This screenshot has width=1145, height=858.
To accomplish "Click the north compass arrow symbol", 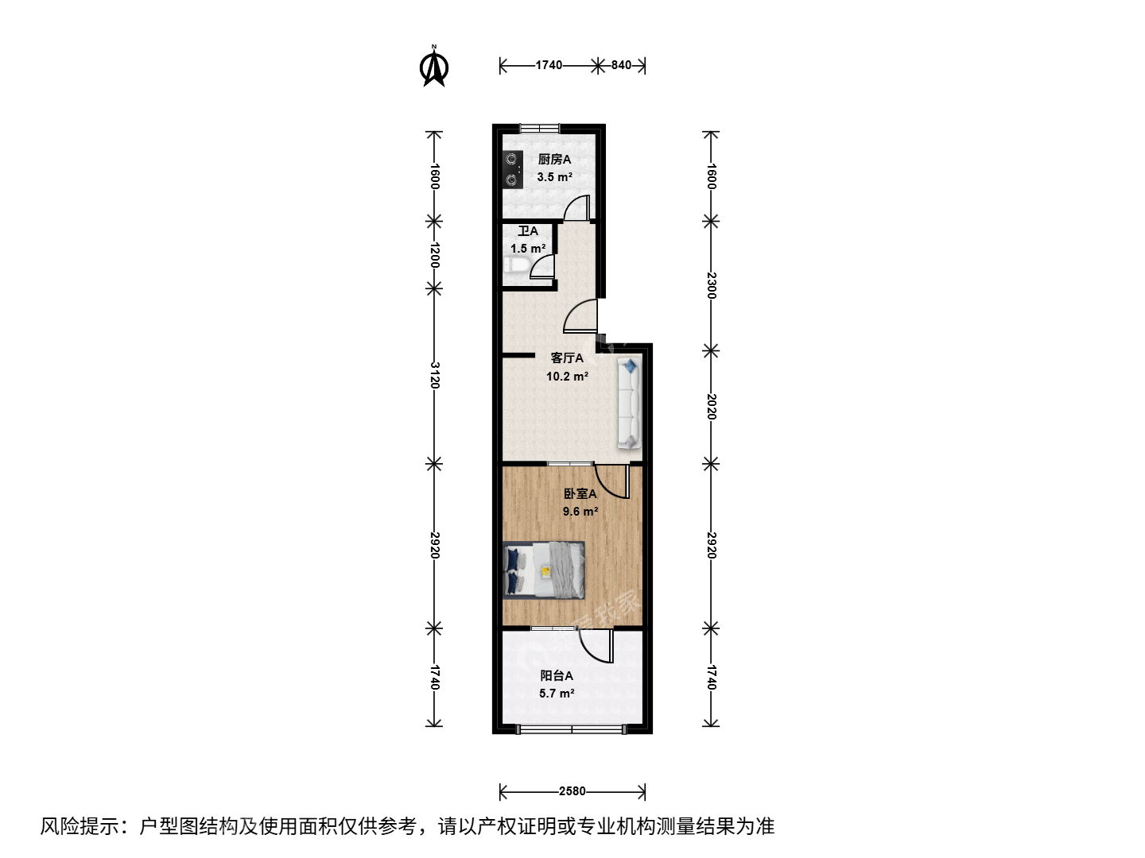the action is pos(434,67).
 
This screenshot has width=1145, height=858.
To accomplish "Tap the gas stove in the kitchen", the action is pos(512,169).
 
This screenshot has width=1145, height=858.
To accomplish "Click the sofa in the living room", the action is pos(629,403).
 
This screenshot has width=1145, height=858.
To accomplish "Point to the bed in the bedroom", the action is pos(544,570).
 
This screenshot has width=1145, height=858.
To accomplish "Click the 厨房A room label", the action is pos(554,160).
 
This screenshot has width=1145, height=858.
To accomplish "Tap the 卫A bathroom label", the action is pos(527,230).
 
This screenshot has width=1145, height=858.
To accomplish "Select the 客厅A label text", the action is pos(567,357).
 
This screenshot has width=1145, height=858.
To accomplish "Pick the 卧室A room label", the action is pos(580,493).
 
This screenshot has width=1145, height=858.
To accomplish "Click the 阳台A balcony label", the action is pos(557,675).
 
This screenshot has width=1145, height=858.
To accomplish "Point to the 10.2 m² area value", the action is pos(567,376).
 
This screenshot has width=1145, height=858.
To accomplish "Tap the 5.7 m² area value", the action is pos(557,694).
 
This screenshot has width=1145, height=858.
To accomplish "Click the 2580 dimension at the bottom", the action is pos(572,791).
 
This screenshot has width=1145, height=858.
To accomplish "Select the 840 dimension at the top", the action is pos(621,65).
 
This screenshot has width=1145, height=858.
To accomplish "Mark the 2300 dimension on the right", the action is pos(712,285).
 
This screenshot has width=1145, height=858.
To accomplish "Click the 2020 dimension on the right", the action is pos(712,406).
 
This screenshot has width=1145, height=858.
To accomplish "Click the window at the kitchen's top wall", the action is pos(539,128).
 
